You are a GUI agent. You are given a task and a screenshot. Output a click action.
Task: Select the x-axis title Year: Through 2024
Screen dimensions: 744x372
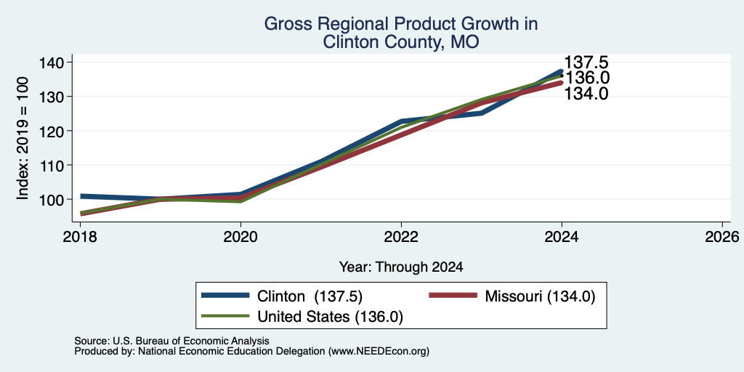[401, 267]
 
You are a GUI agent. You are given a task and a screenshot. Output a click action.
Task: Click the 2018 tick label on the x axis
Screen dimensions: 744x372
[80, 236]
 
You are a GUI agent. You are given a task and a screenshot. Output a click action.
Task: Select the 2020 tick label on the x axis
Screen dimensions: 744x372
[240, 236]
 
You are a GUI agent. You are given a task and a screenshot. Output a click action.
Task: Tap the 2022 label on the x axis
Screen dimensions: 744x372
[401, 236]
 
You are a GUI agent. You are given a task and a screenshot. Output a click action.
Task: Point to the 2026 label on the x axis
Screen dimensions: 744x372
[722, 236]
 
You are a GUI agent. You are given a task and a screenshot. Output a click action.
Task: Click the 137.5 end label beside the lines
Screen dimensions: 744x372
[586, 62]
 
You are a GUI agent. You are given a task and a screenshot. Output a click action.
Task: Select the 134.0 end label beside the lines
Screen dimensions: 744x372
[586, 94]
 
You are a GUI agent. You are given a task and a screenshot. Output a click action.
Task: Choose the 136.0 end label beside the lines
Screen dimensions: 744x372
[586, 78]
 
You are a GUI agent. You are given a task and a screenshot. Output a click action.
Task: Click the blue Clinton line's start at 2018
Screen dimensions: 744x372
[81, 196]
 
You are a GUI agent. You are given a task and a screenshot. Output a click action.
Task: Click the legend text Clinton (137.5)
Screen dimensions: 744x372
[310, 296]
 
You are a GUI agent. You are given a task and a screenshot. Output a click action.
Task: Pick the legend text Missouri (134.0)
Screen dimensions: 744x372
[540, 296]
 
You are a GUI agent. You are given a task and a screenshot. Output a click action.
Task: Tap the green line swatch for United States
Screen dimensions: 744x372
[225, 316]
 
